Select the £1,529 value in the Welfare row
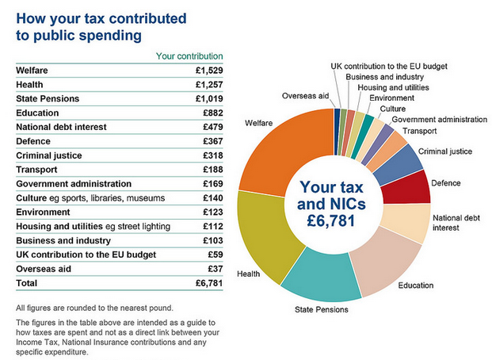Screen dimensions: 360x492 pyautogui.click(x=209, y=71)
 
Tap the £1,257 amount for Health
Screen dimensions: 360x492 pyautogui.click(x=209, y=84)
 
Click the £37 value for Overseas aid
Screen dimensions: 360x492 pyautogui.click(x=214, y=269)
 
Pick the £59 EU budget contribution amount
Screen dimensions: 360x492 pyautogui.click(x=214, y=255)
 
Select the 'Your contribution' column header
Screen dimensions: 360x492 pyautogui.click(x=189, y=56)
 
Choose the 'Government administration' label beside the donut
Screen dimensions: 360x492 pyautogui.click(x=439, y=120)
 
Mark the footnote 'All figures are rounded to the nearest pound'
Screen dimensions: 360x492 pyautogui.click(x=95, y=308)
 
